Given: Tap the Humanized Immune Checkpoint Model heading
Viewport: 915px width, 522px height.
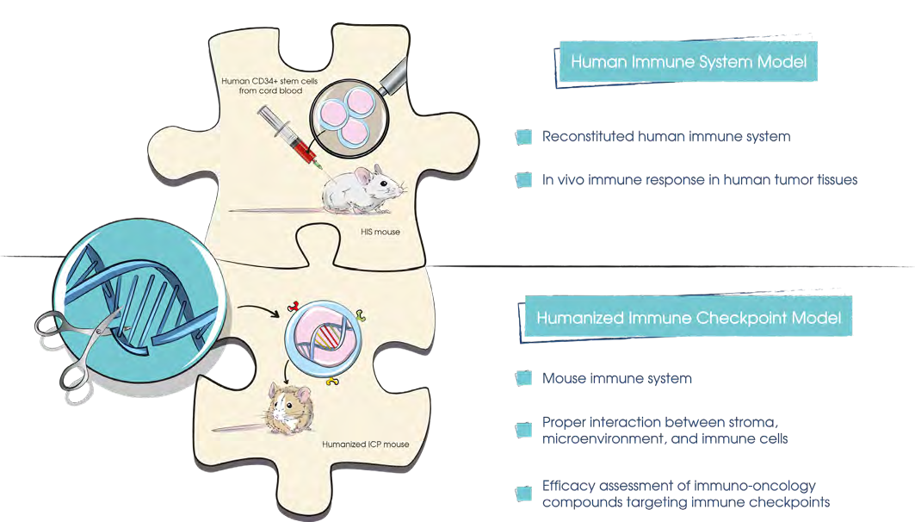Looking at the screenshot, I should [x=688, y=318].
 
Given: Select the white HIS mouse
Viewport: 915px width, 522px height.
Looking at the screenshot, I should [x=361, y=189].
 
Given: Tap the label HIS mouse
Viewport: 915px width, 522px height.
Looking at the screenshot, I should [x=380, y=232].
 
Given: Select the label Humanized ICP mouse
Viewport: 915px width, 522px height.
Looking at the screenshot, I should [x=366, y=444].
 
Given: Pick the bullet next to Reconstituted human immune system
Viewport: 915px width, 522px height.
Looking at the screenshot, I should [x=522, y=137].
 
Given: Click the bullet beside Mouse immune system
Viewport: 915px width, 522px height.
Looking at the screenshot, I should [x=522, y=379].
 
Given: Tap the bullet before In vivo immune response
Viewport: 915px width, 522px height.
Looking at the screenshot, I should [x=522, y=180].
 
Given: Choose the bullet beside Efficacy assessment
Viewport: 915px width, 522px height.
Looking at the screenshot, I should [x=522, y=494].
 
